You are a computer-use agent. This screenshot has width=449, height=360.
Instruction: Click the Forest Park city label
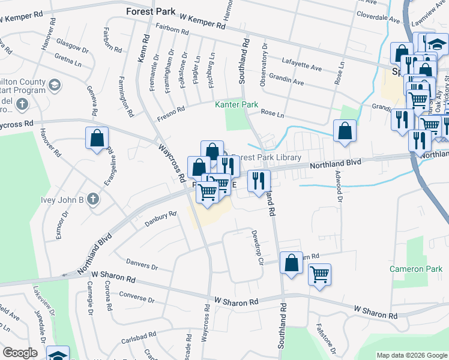[150, 11]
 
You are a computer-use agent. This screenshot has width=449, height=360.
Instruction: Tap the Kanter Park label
[237, 104]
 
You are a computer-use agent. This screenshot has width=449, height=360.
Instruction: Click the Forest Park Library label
[266, 158]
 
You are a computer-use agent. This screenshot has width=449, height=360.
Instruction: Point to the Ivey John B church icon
[92, 199]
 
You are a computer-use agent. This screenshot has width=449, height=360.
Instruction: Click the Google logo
[20, 352]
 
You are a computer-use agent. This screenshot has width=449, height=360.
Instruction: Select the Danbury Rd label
[160, 218]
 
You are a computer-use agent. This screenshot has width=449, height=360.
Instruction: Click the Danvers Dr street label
[142, 263]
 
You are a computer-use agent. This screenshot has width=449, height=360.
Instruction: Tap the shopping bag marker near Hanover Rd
[96, 139]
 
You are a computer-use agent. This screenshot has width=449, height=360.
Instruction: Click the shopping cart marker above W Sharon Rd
[320, 275]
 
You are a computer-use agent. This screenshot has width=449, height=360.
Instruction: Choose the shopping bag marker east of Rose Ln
[345, 131]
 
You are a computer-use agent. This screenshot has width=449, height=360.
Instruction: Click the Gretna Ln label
[68, 61]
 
